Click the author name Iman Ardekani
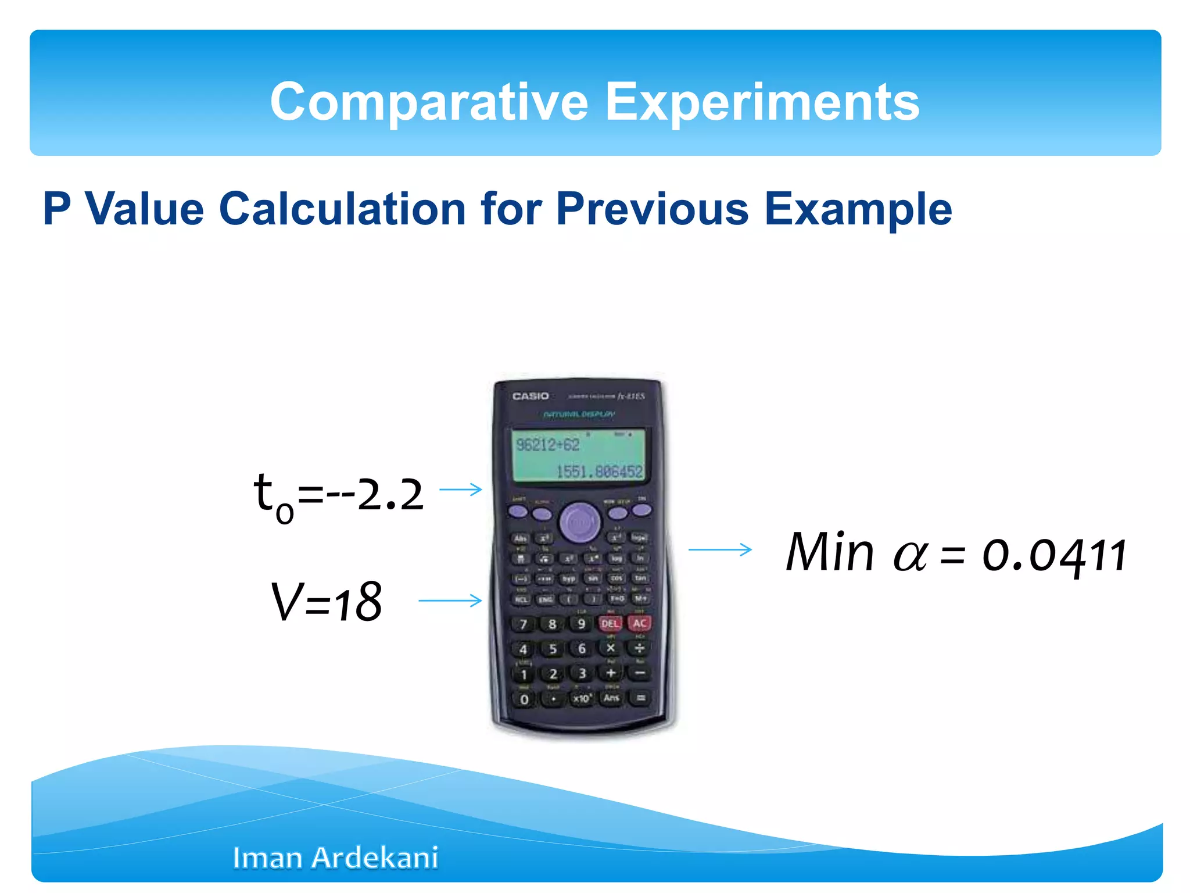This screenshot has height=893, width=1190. (x=335, y=858)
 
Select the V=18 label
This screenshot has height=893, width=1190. (x=327, y=602)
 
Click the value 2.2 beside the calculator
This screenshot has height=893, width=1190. (x=390, y=495)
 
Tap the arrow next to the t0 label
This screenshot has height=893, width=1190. (x=461, y=490)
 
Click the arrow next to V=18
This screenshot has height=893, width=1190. (x=450, y=600)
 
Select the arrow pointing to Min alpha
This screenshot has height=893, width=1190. (x=720, y=549)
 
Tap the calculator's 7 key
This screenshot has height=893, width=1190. (x=523, y=624)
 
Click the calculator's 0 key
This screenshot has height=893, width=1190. (x=524, y=699)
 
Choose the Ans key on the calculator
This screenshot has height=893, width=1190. (x=611, y=698)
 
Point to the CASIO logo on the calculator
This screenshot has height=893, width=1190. (x=530, y=396)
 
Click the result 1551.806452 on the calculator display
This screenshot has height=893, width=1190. (x=599, y=471)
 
